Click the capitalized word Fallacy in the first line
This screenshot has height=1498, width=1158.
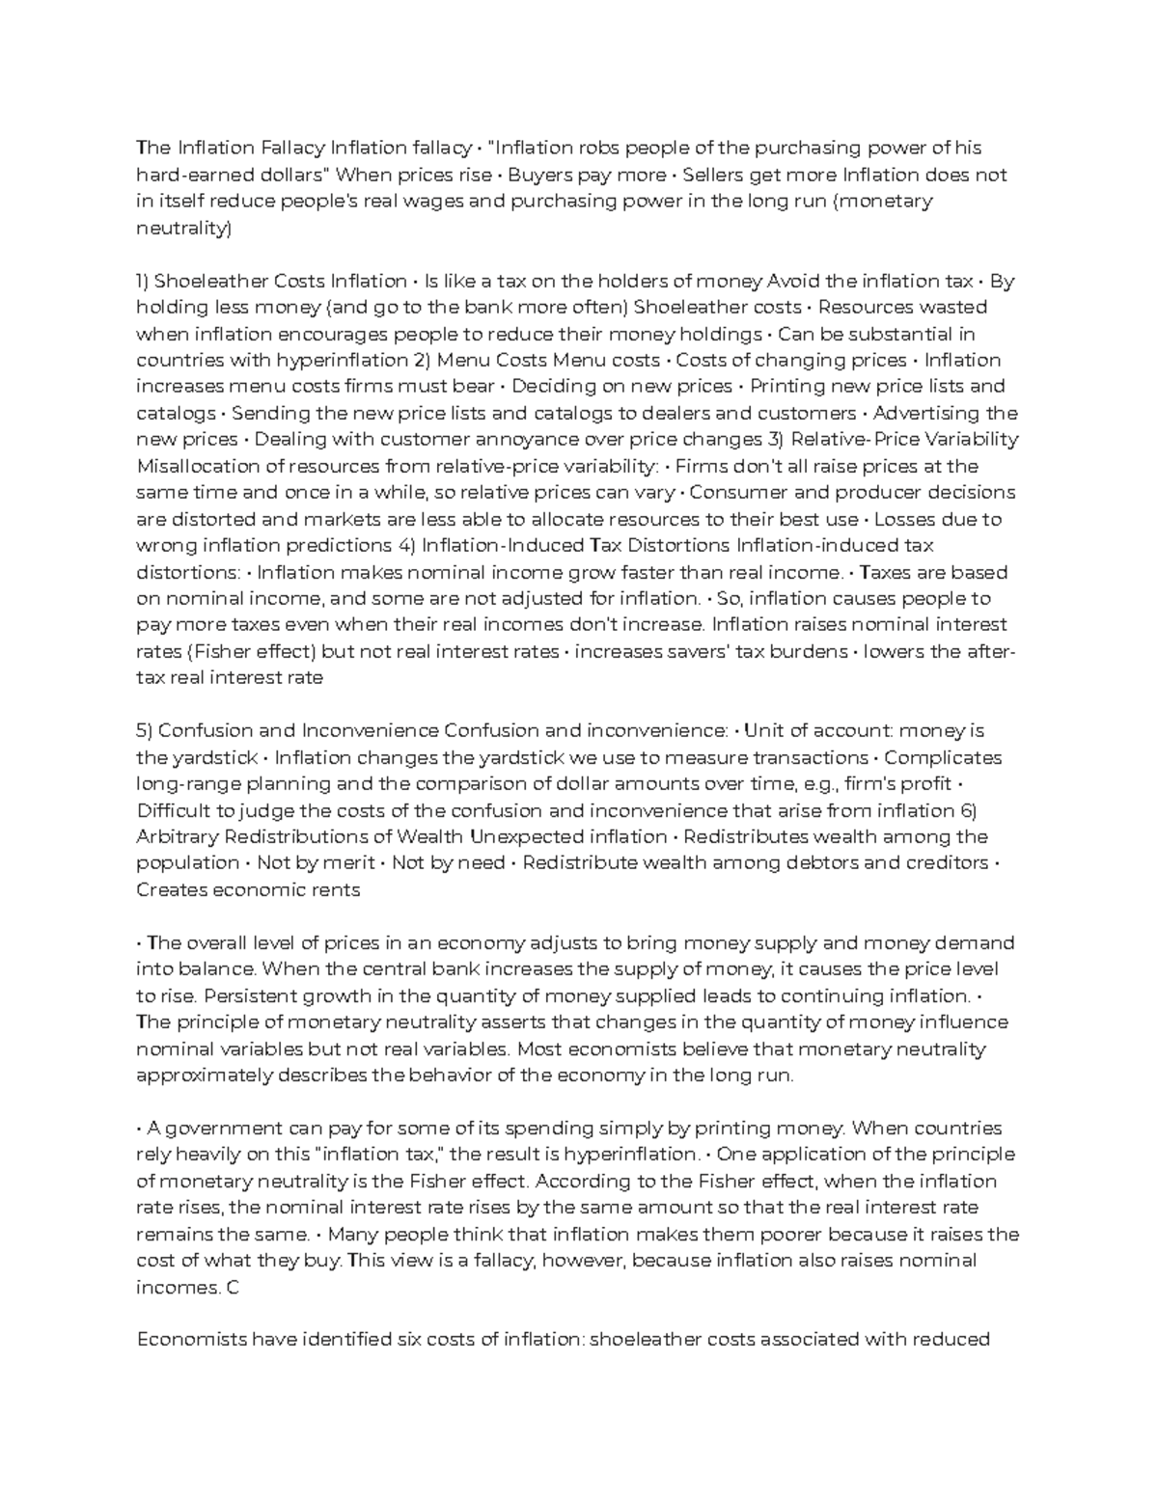tap(292, 149)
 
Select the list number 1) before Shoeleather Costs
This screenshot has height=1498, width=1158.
tap(143, 281)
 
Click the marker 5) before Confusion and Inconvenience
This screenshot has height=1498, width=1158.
tap(144, 731)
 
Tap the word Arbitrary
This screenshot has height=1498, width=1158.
tap(174, 836)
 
